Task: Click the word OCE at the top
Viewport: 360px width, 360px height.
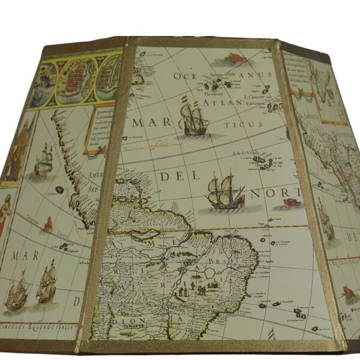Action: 187,76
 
